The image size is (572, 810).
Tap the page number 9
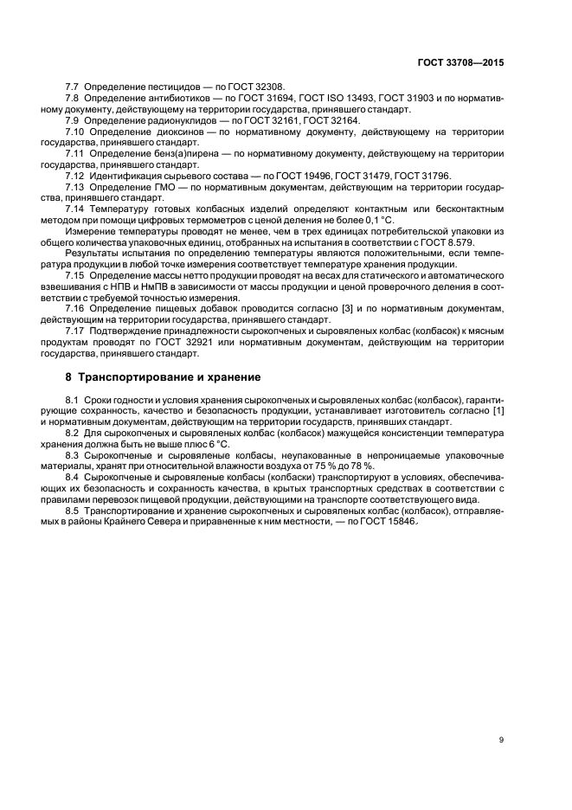point(501,739)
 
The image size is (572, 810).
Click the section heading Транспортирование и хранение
point(164,378)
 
